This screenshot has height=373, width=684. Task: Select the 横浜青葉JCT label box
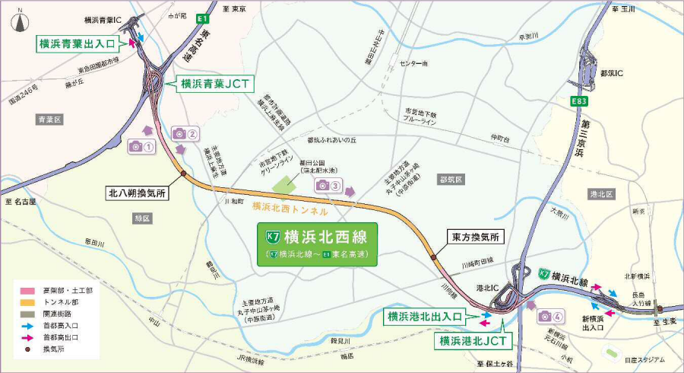pyautogui.click(x=214, y=84)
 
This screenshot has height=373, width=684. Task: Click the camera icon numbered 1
pyautogui.click(x=141, y=145)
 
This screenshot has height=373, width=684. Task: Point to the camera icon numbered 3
pyautogui.click(x=328, y=185)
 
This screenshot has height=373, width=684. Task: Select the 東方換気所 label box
pyautogui.click(x=475, y=237)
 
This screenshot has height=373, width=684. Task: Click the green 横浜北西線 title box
pyautogui.click(x=318, y=244)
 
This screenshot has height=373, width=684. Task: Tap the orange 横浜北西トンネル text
pyautogui.click(x=290, y=207)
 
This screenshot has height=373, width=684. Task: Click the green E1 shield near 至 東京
pyautogui.click(x=201, y=18)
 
